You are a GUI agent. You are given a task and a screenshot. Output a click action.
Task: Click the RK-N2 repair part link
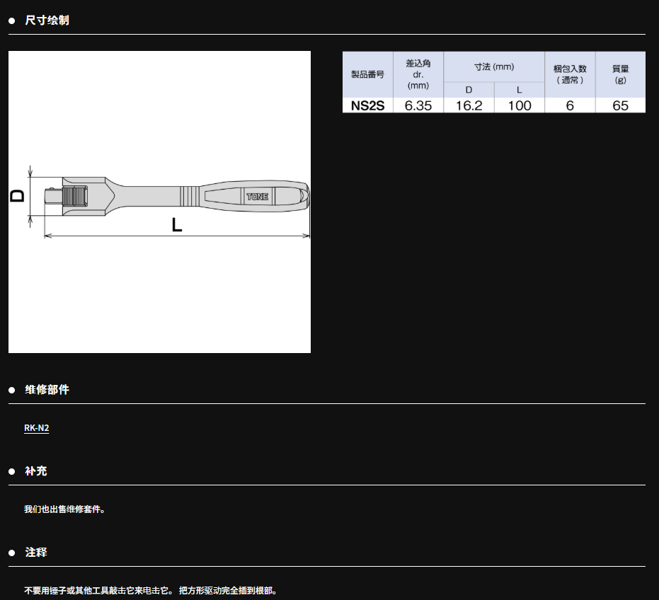tap(37, 428)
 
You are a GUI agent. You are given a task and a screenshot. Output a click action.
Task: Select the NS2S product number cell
tap(368, 105)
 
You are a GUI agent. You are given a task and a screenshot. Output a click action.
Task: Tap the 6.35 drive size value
tap(418, 105)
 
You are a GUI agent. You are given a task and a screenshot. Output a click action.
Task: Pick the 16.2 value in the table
tap(469, 105)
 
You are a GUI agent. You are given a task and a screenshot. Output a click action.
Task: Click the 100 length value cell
tap(520, 105)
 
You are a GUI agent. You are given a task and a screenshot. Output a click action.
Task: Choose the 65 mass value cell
tap(620, 105)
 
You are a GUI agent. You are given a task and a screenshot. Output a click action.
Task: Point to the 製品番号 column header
tap(368, 74)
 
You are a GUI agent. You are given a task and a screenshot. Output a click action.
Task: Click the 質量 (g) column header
tap(620, 74)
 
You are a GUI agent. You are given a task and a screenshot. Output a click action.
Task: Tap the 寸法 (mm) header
tap(494, 67)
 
